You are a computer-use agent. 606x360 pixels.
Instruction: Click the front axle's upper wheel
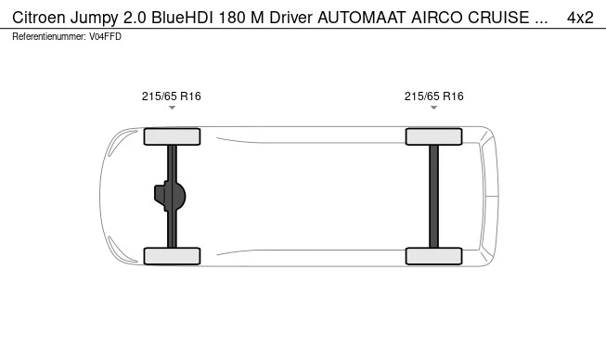coord(172,136)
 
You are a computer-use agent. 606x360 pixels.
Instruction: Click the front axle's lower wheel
coord(172,256)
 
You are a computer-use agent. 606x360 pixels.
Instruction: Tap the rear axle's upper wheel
coord(433,136)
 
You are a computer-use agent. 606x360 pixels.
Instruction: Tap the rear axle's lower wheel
coord(433,256)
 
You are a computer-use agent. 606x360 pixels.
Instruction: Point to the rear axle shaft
coord(433,196)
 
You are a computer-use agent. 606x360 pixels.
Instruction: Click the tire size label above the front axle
coord(172,96)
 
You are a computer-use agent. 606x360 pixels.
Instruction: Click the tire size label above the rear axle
coord(433,96)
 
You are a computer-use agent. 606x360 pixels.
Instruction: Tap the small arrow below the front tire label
coord(172,109)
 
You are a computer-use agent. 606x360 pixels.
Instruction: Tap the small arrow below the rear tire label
coord(433,109)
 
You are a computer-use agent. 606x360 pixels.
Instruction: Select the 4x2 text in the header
coord(580,18)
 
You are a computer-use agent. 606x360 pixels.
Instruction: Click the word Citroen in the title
coord(40,18)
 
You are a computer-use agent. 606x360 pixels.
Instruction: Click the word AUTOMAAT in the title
coord(360,18)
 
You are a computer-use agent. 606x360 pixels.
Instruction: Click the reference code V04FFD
coord(105,36)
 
